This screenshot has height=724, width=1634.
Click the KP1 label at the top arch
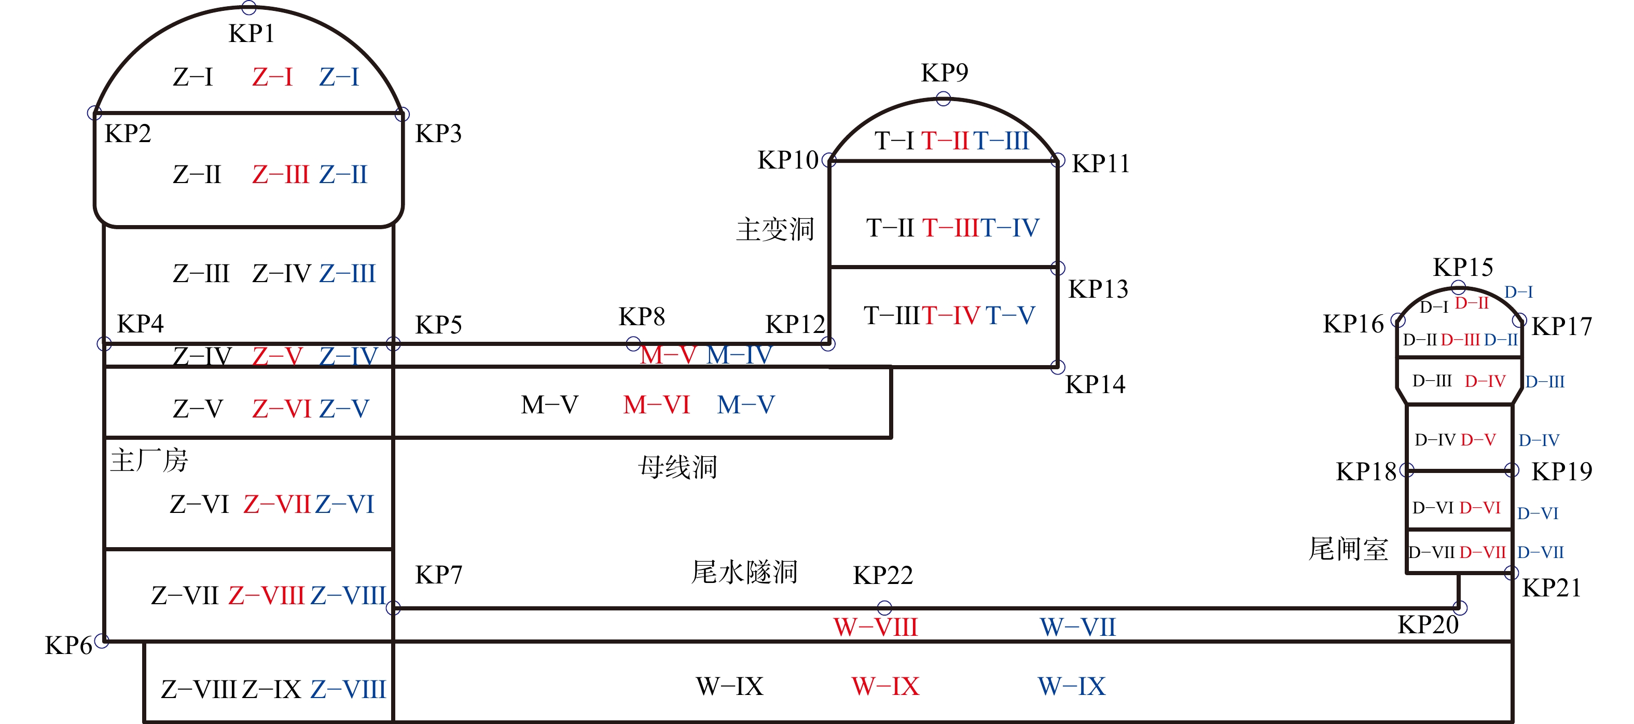(x=251, y=34)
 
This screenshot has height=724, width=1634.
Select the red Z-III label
(x=280, y=174)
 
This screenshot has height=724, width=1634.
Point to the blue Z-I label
(x=339, y=77)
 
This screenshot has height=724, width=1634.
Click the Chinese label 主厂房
(x=149, y=460)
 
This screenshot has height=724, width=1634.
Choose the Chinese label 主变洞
(x=774, y=229)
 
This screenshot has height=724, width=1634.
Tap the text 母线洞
(x=677, y=467)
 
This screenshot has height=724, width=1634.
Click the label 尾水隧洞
(x=743, y=572)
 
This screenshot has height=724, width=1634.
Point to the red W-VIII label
(x=876, y=628)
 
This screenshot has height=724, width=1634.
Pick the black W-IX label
(x=729, y=687)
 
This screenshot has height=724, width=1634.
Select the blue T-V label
(x=1010, y=315)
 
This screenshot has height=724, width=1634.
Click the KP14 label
(x=1095, y=385)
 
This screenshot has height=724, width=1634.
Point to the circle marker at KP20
(x=1460, y=607)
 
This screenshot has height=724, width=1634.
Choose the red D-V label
(x=1478, y=440)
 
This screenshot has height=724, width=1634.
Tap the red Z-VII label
(x=276, y=505)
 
